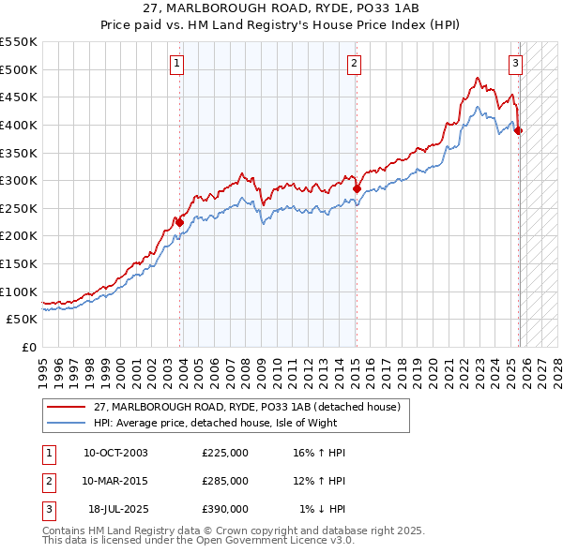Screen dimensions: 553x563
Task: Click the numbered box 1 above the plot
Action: (x=177, y=64)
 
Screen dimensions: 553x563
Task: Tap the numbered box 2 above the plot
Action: (x=354, y=64)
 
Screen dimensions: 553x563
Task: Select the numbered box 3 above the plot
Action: (x=515, y=64)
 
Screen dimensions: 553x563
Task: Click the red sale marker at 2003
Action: (x=180, y=222)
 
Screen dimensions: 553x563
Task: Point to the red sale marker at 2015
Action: (x=357, y=188)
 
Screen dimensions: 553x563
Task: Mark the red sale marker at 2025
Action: (x=519, y=130)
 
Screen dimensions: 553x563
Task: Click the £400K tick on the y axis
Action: (x=19, y=125)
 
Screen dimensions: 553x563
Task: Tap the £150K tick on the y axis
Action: (x=19, y=263)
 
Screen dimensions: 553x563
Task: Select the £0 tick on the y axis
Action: (x=28, y=347)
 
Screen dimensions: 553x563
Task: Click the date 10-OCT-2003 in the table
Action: (x=115, y=453)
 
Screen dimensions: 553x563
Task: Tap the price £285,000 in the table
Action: (x=225, y=481)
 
